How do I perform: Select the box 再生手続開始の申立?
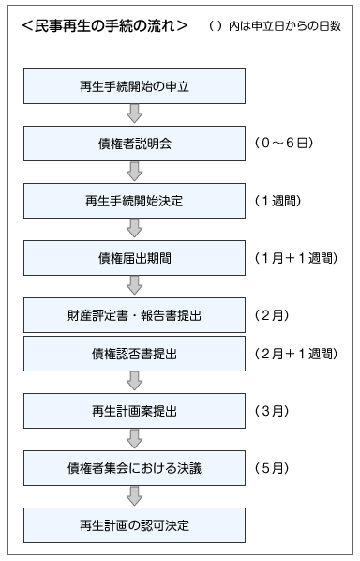134,86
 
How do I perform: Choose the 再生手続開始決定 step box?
134,200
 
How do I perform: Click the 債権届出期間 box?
134,256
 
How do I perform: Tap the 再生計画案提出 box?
134,410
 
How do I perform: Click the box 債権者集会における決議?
134,466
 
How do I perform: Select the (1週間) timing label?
282,200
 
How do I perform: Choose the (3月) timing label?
275,410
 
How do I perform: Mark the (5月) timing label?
275,466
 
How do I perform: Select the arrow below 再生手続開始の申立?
134,114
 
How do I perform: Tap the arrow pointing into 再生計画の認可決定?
134,494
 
